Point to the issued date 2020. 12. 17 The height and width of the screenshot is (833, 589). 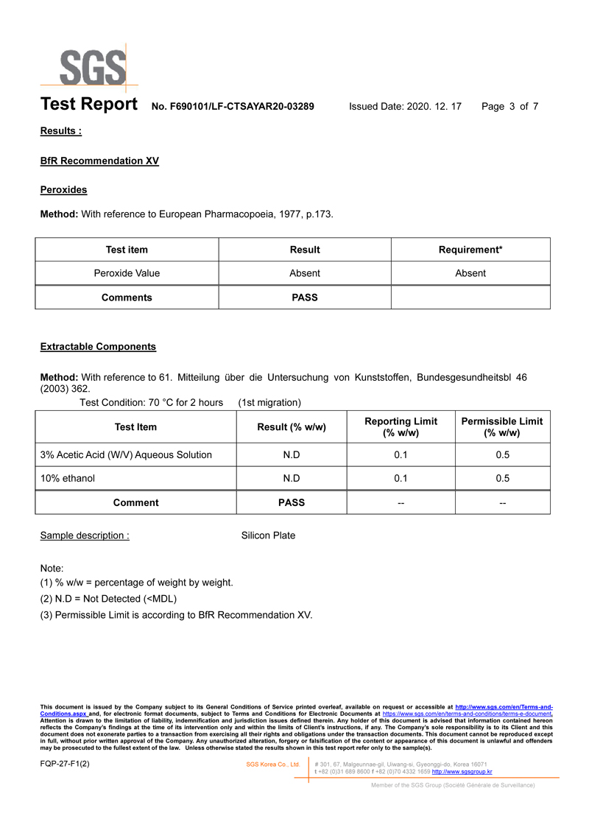434,106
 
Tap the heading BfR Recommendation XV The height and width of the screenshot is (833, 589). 99,161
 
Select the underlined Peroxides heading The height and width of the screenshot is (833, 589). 63,190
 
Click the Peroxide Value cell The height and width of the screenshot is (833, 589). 127,273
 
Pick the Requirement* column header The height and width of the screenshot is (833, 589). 470,250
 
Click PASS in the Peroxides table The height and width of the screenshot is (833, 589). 305,298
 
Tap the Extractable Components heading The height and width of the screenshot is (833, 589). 98,346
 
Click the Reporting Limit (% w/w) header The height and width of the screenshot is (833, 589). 401,426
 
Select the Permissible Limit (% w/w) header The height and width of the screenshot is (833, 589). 501,426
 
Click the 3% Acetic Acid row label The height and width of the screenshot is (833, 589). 126,454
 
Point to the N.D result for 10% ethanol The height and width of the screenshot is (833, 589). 292,478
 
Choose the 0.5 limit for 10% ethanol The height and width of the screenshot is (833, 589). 502,478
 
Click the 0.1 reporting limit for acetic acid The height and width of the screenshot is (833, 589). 401,454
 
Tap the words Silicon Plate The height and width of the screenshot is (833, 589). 268,535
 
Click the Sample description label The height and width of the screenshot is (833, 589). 85,535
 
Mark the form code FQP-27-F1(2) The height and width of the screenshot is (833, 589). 65,764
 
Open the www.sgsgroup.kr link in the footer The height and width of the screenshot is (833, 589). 462,771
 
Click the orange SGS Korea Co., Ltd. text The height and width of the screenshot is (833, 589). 272,765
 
